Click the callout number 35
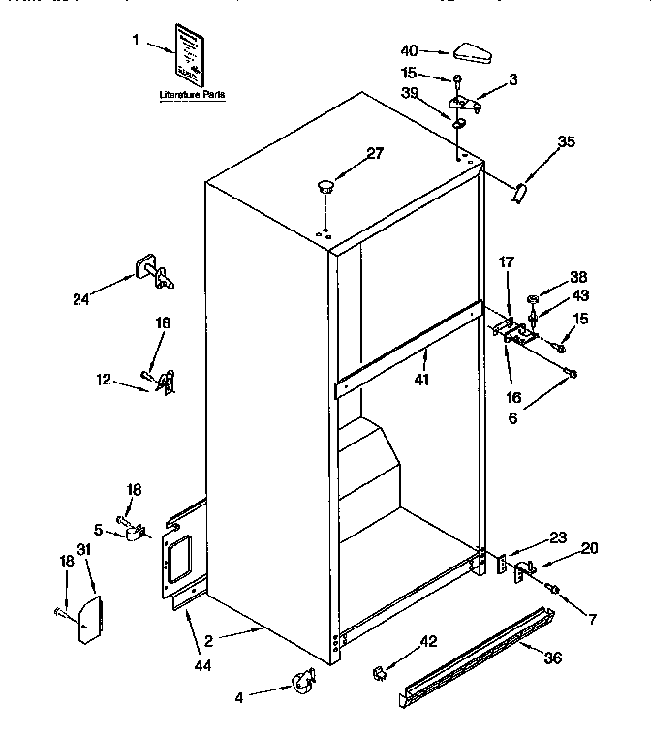(x=566, y=142)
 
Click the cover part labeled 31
(x=88, y=619)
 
